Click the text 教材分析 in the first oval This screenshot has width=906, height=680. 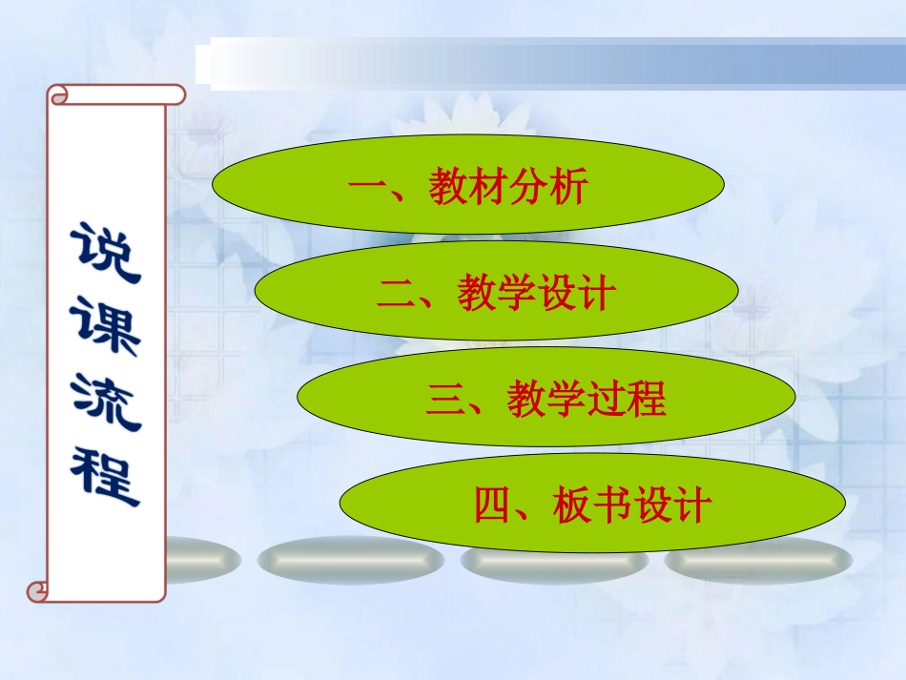507,188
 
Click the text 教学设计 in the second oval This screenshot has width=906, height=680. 534,294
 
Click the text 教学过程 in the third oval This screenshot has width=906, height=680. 586,400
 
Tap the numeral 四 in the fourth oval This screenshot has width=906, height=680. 493,505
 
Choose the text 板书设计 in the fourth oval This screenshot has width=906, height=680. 632,505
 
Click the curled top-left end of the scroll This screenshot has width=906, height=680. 59,93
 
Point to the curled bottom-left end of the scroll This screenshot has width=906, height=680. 38,592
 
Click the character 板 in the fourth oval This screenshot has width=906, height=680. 573,505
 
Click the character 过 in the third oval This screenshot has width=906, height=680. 606,400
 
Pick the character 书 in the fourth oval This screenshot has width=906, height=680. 612,505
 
